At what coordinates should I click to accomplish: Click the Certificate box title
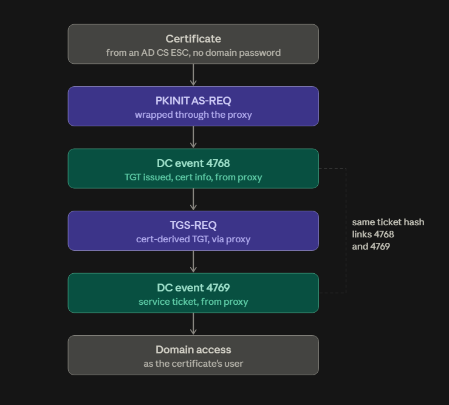click(193, 39)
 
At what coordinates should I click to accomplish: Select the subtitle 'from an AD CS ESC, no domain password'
click(193, 53)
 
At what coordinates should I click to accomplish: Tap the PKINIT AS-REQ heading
click(193, 101)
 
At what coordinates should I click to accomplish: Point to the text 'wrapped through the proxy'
click(193, 115)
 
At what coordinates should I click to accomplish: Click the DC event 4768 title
click(193, 163)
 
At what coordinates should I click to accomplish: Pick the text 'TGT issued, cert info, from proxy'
click(193, 177)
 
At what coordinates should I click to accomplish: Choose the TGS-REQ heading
click(193, 225)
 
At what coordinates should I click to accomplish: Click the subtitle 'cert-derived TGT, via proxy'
click(193, 239)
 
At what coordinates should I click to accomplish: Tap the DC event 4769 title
click(193, 288)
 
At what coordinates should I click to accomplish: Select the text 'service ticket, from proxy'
click(193, 302)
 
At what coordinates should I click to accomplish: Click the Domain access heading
click(193, 350)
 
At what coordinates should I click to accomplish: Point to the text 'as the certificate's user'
click(193, 364)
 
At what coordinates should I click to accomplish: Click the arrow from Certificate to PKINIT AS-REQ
click(193, 75)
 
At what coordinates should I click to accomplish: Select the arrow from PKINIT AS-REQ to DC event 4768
click(193, 137)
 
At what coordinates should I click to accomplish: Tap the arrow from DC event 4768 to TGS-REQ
click(193, 199)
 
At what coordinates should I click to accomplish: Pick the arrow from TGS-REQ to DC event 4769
click(193, 262)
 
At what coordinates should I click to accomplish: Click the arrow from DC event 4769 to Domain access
click(193, 324)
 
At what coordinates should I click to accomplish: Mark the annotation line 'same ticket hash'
click(388, 222)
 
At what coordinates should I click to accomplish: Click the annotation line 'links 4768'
click(373, 234)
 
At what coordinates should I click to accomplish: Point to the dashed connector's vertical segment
click(346, 231)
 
